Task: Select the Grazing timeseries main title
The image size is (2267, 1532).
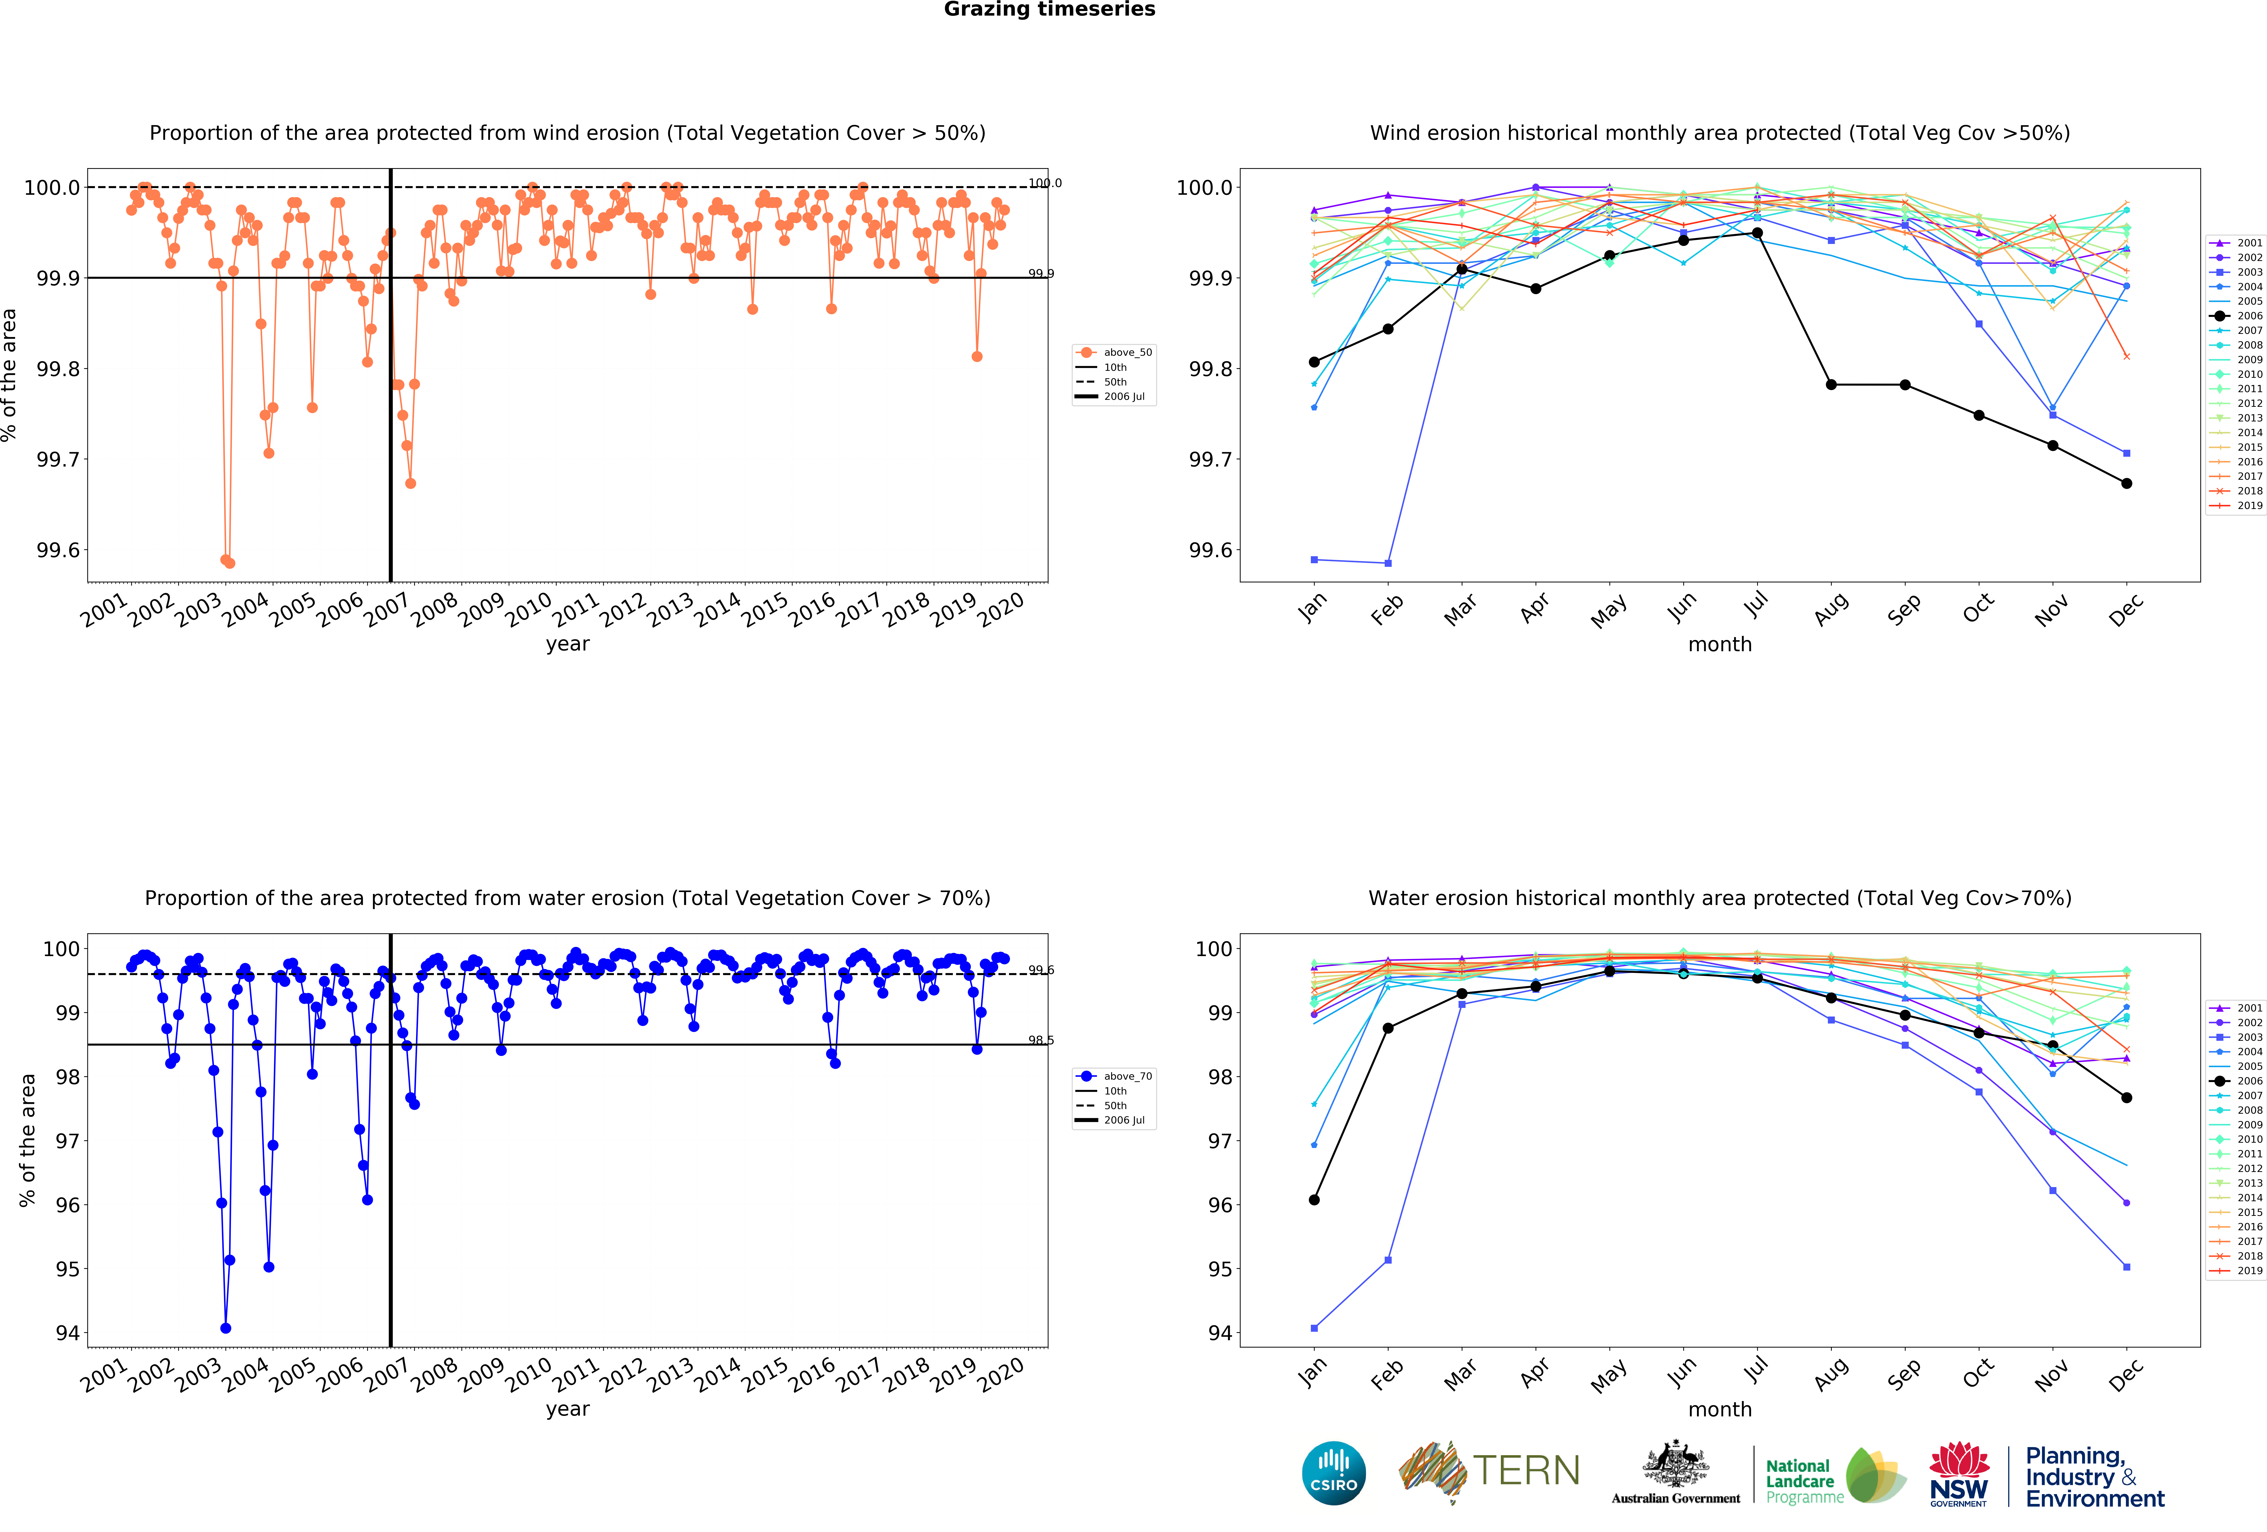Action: pos(1050,10)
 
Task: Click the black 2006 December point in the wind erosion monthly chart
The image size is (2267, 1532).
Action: pos(2126,483)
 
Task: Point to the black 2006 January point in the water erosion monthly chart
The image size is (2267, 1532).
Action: pos(1314,1199)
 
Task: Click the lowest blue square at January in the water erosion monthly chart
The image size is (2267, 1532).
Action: pos(1314,1328)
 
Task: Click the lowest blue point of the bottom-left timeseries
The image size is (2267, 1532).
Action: pos(225,1328)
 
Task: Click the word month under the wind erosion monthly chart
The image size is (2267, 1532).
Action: pos(1720,644)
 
